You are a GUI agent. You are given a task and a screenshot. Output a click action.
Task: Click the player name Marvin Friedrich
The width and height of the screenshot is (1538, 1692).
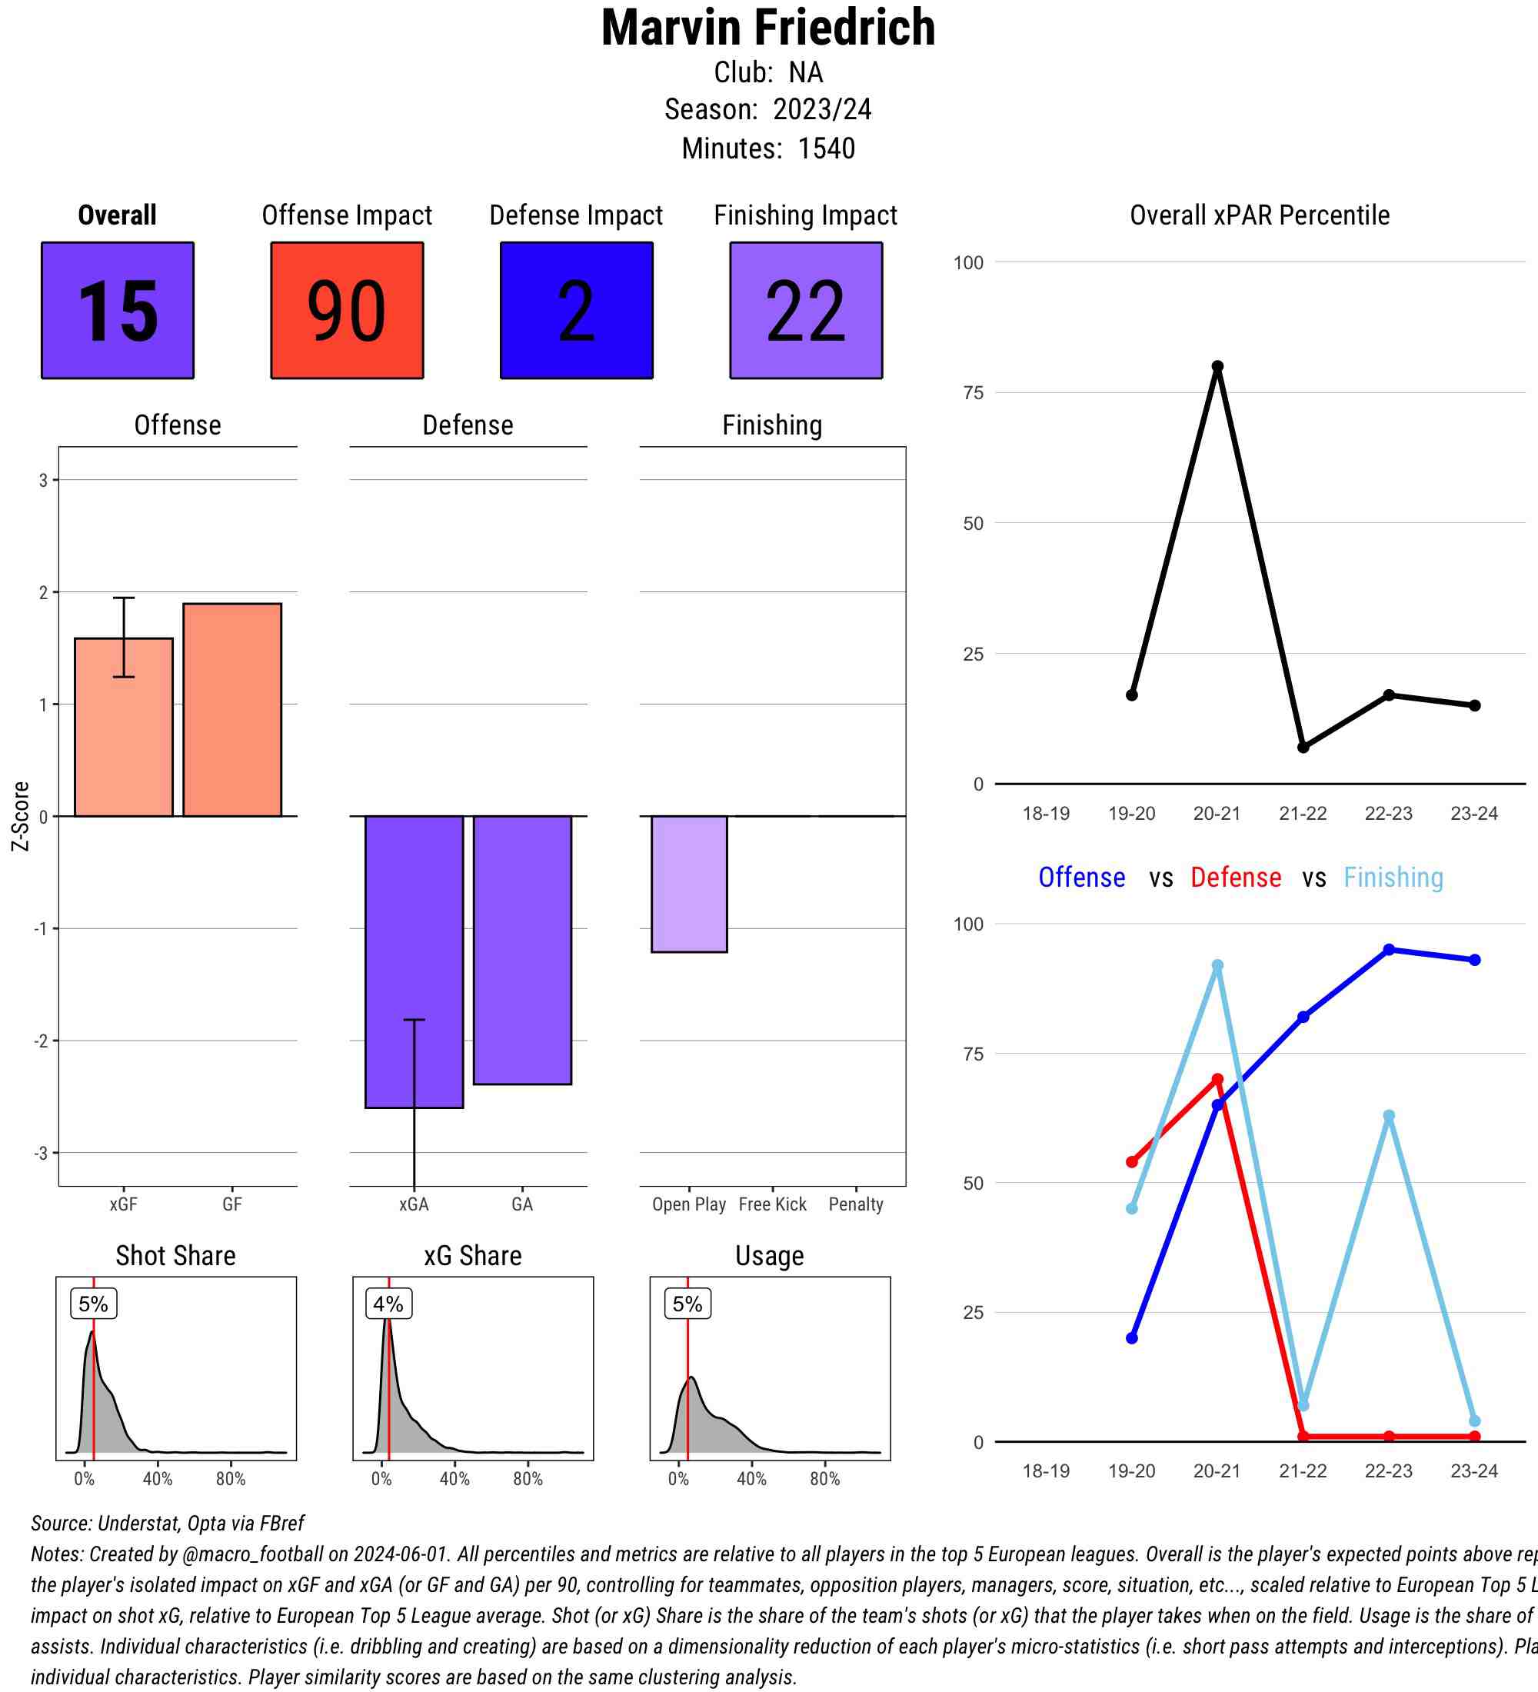(767, 28)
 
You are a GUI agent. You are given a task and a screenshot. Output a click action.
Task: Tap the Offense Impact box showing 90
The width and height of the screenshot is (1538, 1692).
(347, 311)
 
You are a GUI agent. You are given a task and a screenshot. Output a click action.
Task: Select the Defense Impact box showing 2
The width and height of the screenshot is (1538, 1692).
(577, 311)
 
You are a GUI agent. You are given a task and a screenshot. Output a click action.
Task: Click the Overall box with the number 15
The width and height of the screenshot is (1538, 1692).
(118, 311)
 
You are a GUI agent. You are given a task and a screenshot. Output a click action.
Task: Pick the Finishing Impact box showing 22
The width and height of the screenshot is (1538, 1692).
(805, 311)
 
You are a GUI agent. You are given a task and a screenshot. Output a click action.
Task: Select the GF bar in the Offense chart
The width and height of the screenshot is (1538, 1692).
(232, 709)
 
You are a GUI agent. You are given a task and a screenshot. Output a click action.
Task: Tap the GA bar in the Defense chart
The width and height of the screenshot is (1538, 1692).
(522, 949)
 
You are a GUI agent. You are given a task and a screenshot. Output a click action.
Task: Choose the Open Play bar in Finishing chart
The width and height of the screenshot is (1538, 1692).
(689, 883)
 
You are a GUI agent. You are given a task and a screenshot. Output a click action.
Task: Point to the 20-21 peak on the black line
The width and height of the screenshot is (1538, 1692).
(1217, 367)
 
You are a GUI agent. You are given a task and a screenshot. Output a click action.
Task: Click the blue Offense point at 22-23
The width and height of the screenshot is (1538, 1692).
(1389, 949)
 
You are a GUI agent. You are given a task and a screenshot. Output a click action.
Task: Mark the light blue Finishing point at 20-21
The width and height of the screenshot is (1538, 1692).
(1217, 966)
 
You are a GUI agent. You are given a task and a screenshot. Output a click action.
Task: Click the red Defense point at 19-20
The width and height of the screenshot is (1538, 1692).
(1132, 1161)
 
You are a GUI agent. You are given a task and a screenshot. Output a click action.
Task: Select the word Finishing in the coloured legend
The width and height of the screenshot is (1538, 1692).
(1393, 877)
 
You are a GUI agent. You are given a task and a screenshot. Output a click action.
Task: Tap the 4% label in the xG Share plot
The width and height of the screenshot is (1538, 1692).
(388, 1304)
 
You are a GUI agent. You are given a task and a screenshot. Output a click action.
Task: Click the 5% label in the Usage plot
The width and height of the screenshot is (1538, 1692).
(687, 1304)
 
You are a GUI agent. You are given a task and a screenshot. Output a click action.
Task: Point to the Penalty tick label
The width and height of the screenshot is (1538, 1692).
(856, 1204)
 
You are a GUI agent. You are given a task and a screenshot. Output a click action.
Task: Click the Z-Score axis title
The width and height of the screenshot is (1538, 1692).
(20, 816)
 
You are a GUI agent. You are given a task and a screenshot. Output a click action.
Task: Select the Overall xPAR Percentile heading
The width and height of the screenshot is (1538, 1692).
(1260, 215)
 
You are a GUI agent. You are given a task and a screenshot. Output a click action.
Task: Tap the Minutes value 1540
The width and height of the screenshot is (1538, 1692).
(826, 148)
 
